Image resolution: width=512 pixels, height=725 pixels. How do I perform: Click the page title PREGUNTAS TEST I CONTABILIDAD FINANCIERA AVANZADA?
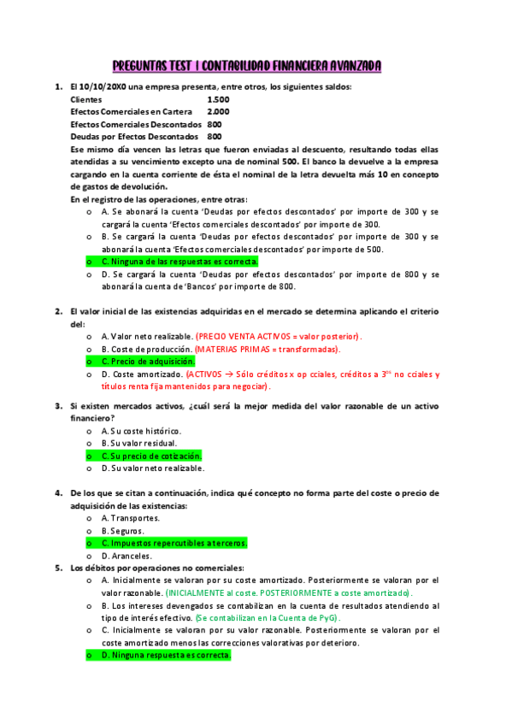248,66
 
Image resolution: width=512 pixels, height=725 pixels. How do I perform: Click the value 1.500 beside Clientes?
218,99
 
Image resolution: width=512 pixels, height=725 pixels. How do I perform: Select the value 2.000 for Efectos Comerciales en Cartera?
218,111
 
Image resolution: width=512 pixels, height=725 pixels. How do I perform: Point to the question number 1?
58,86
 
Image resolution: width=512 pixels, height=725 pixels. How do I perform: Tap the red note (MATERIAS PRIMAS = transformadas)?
267,349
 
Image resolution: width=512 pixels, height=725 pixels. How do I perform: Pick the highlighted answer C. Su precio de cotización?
150,456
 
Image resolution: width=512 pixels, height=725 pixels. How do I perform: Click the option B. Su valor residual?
138,443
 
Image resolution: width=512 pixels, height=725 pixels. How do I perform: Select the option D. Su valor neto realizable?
152,468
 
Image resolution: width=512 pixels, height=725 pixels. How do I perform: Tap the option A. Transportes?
130,517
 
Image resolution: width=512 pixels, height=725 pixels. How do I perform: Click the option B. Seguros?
122,530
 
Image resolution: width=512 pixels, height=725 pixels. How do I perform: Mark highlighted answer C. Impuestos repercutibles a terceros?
174,542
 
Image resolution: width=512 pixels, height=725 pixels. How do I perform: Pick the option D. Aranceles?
126,555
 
